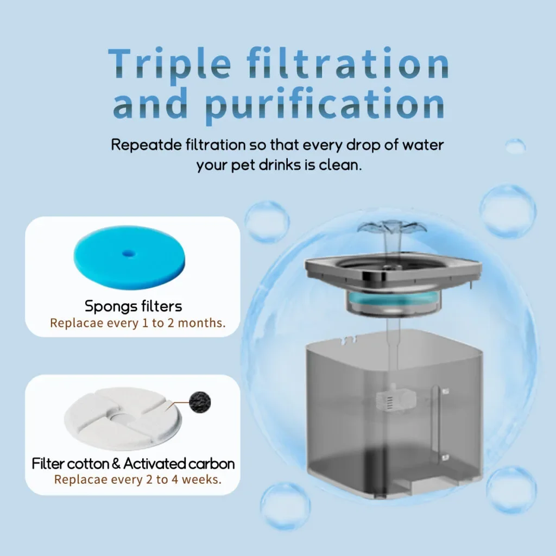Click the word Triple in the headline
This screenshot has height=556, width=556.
coord(169,64)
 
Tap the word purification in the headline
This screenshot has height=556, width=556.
coord(325,104)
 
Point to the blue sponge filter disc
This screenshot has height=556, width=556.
coord(129,257)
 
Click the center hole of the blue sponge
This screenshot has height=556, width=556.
coord(128,253)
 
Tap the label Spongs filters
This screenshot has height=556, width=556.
coord(134,306)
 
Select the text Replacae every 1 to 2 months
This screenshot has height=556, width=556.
coord(137,323)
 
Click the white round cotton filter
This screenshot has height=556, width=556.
coord(123,419)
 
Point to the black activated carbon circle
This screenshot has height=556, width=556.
coord(200,402)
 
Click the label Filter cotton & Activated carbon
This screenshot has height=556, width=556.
coord(134,464)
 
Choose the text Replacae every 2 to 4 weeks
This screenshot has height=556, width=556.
coord(137,479)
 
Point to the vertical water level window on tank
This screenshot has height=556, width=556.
coord(436,424)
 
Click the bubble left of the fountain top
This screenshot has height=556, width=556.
coord(267,222)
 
